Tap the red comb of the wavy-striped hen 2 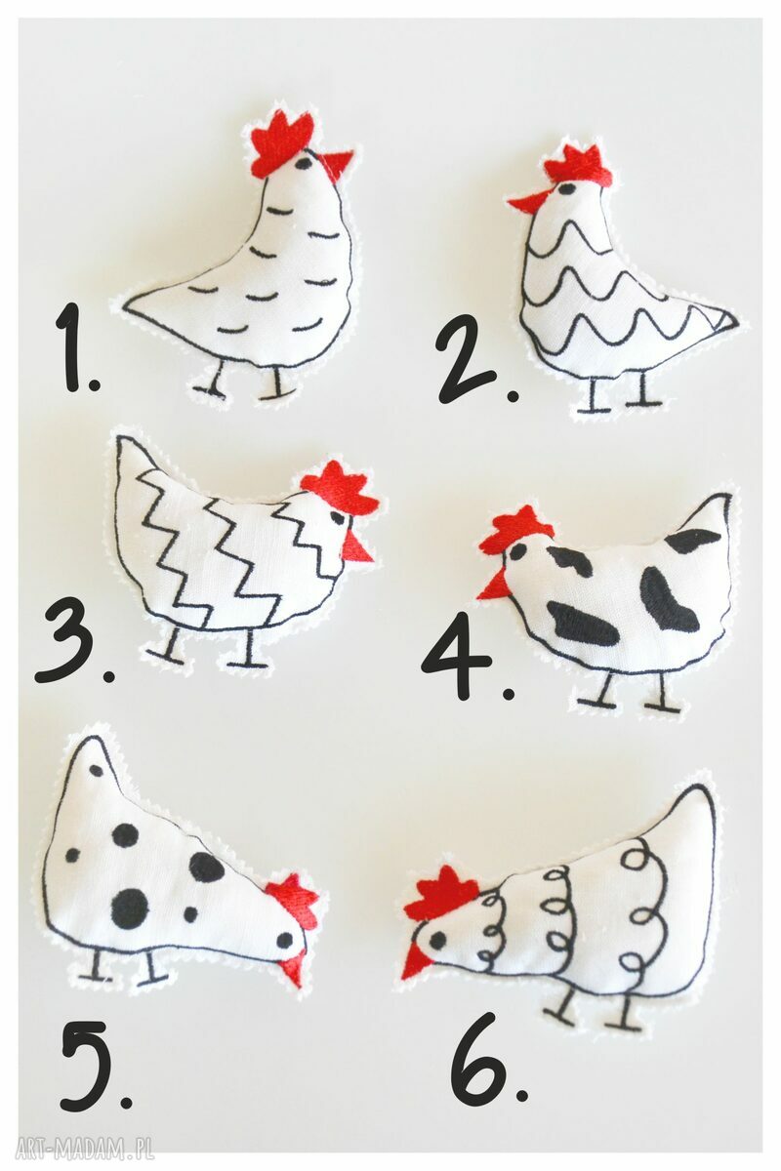pyautogui.click(x=575, y=162)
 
